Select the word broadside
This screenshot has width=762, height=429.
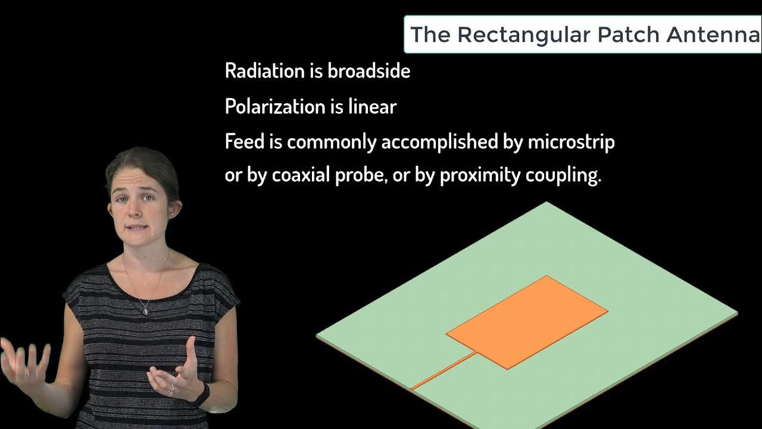click(x=369, y=71)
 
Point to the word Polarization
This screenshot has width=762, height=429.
click(x=274, y=107)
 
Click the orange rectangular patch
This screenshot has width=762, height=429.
click(x=527, y=322)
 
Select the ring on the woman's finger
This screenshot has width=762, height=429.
click(x=171, y=388)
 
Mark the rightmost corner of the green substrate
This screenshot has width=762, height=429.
click(x=736, y=312)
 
